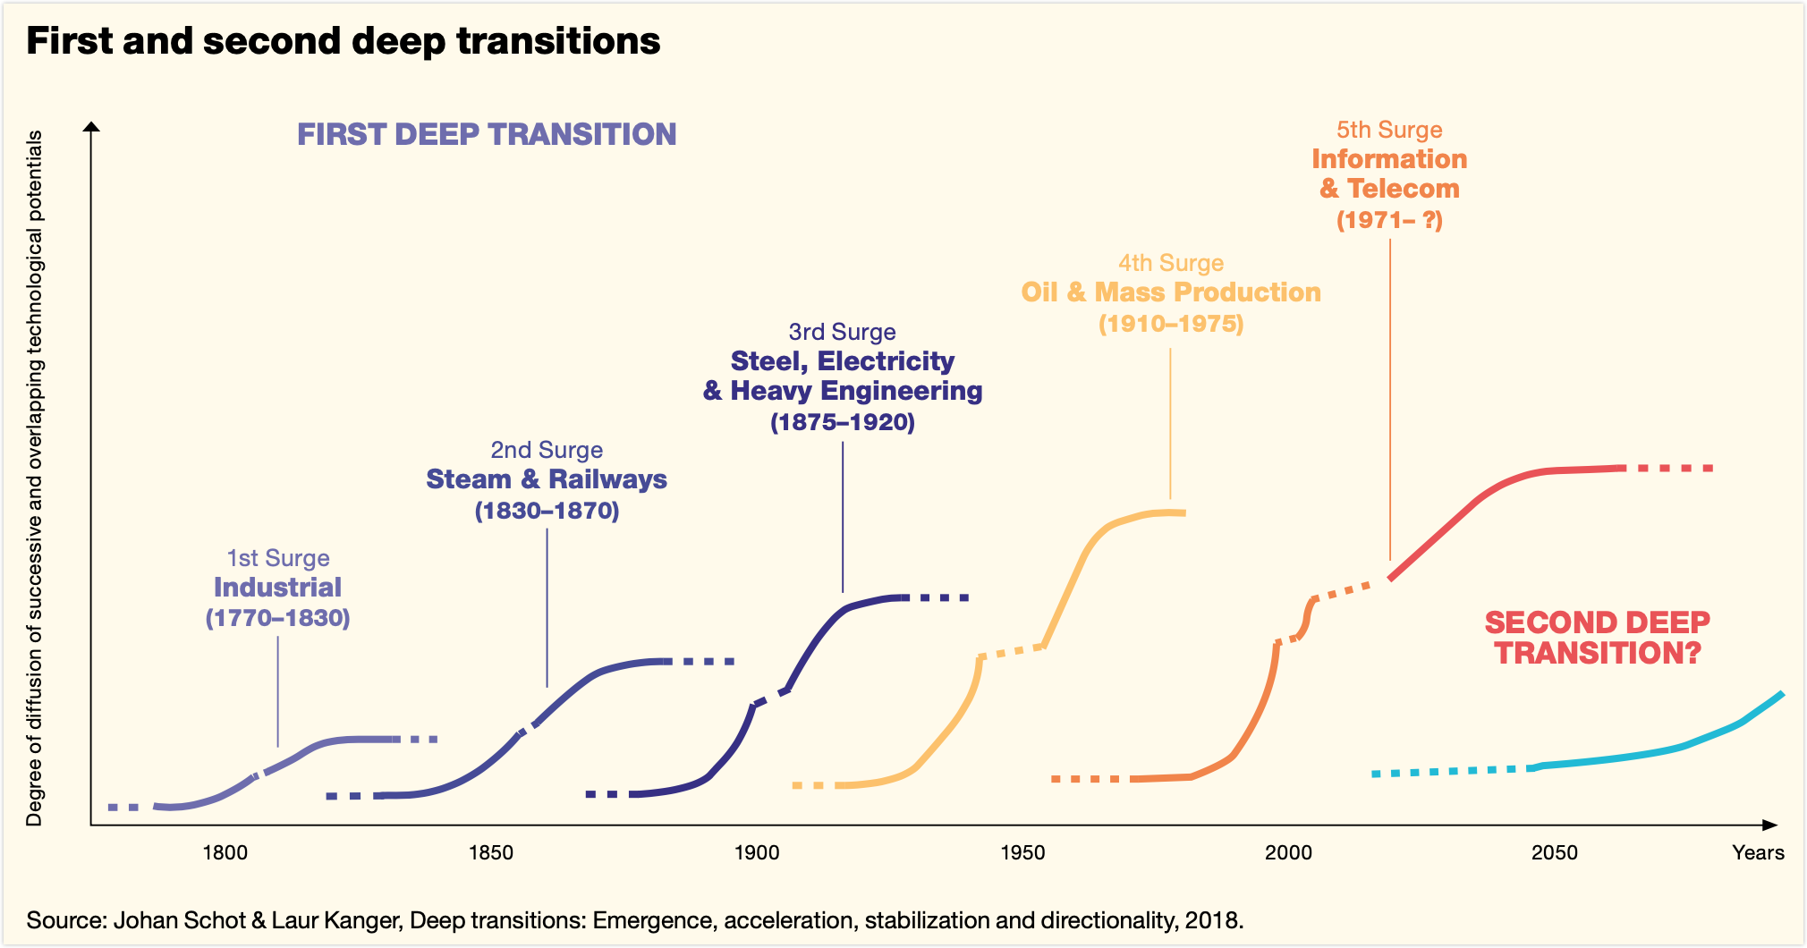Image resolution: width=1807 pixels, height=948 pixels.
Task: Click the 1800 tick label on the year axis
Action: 225,852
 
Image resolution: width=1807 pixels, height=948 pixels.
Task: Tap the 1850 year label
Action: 491,852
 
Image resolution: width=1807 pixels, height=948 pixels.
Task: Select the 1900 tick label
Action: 757,852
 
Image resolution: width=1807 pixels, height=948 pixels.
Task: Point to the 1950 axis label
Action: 1022,852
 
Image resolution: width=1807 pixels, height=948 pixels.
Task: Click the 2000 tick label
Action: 1288,852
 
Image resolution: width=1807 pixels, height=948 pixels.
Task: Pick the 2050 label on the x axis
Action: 1554,852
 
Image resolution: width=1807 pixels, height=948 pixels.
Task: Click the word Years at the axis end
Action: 1758,852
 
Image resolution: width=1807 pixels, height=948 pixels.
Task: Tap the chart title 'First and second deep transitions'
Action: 344,41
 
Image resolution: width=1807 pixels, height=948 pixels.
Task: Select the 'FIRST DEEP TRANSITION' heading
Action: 487,134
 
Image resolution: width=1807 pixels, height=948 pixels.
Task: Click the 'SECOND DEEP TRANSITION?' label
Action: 1598,638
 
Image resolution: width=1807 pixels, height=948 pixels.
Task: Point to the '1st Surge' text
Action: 278,558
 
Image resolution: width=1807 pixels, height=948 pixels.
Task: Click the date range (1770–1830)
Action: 278,618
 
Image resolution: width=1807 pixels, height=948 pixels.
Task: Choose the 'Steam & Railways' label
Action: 547,479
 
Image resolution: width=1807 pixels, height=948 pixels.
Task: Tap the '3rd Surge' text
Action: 842,332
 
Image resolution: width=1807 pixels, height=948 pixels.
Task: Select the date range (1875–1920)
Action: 843,422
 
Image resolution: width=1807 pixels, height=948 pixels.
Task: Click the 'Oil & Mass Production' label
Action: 1171,292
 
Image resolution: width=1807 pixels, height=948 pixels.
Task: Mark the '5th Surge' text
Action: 1389,130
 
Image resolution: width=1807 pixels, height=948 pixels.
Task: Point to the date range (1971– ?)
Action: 1389,220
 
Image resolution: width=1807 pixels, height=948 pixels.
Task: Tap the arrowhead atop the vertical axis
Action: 91,126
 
